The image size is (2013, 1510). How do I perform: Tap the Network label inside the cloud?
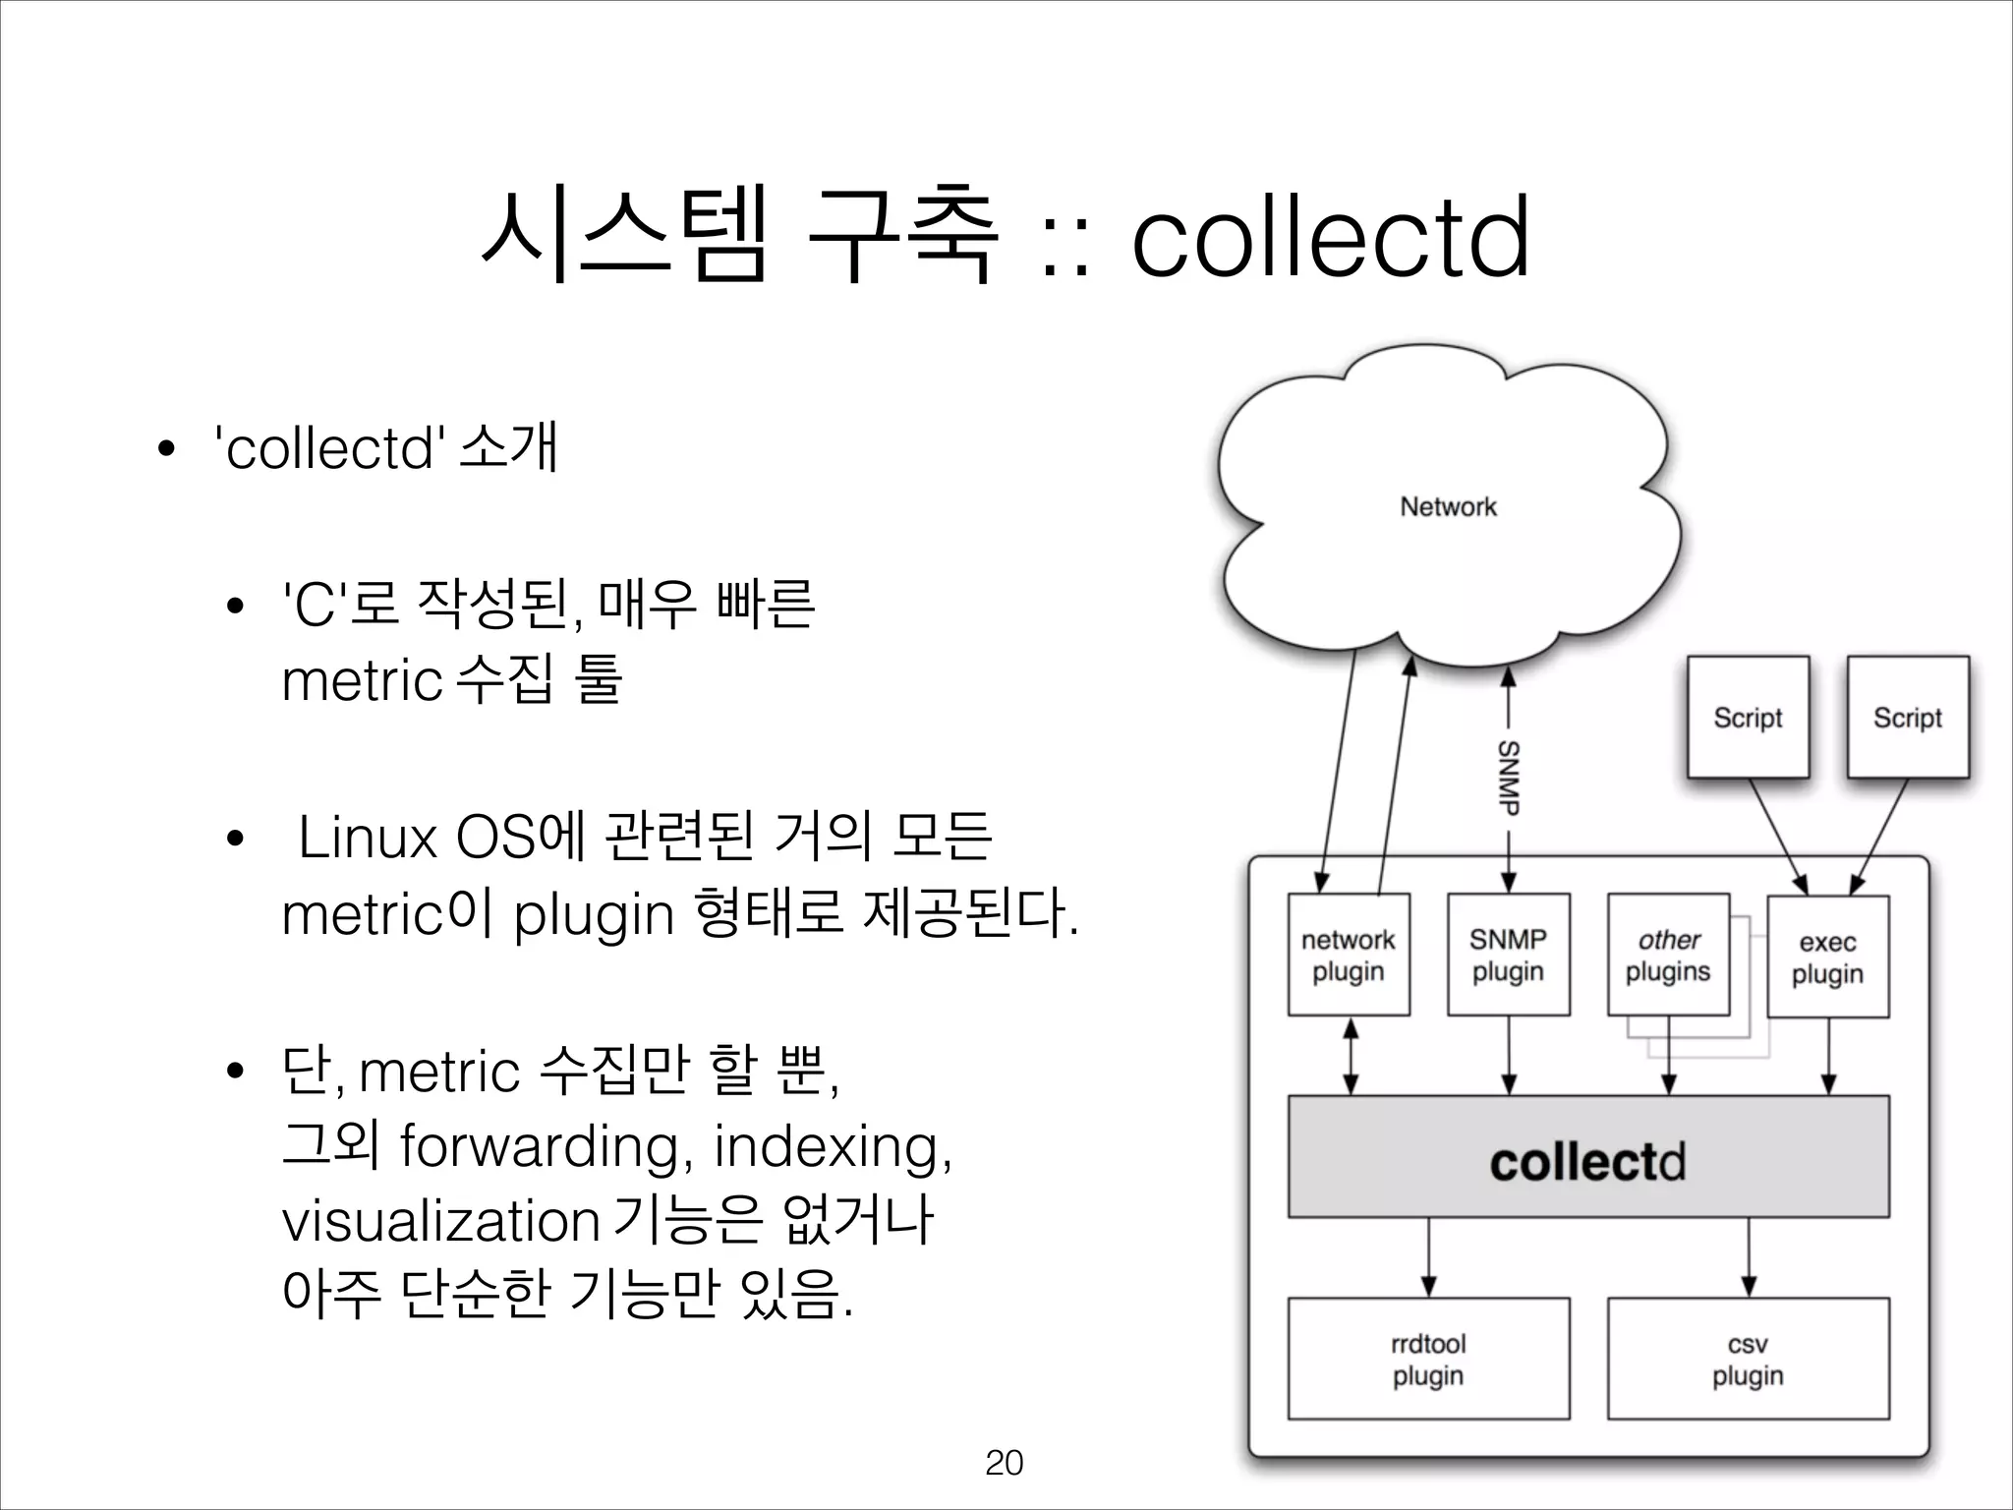point(1448,507)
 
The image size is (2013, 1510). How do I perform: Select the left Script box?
point(1748,718)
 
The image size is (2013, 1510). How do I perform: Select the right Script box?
point(1908,718)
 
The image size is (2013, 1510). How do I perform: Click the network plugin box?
point(1349,956)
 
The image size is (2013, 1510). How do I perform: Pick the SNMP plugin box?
point(1508,956)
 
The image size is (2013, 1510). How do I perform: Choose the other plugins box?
point(1668,956)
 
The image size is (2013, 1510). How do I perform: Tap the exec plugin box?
point(1827,958)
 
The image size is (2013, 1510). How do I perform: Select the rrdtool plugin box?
point(1428,1360)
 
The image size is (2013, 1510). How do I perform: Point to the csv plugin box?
point(1748,1360)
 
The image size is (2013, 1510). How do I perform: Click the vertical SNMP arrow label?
point(1509,777)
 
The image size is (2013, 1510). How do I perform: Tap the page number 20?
point(1004,1463)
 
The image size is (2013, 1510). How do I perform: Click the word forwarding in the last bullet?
point(539,1147)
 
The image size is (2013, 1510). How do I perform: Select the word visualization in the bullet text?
point(440,1222)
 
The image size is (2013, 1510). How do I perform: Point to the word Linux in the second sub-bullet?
point(367,839)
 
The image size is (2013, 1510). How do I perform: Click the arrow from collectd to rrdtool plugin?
point(1428,1258)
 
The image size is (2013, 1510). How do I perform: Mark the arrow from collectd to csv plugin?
point(1748,1258)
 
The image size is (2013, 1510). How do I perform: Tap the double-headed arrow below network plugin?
point(1351,1057)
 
